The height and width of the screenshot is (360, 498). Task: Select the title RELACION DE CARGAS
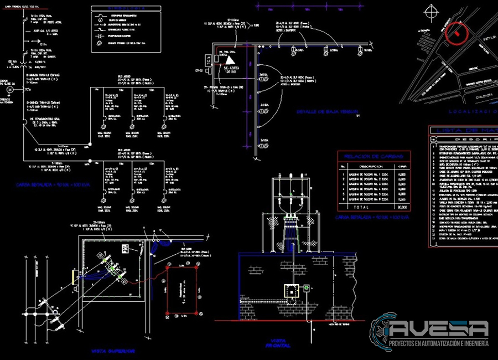[x=373, y=156]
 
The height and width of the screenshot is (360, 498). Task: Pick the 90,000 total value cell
[x=402, y=206]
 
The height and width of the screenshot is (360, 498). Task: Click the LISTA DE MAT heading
[x=464, y=131]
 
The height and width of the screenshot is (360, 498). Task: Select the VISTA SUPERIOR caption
[x=113, y=351]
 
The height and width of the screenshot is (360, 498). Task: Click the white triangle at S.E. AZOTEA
[x=231, y=60]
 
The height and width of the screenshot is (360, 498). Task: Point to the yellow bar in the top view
[x=74, y=276]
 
